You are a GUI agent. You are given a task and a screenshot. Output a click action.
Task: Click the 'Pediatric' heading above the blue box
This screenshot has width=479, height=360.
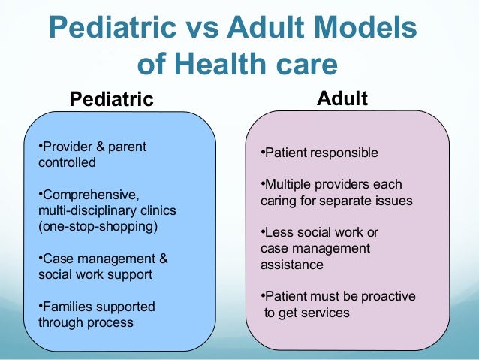[x=111, y=99]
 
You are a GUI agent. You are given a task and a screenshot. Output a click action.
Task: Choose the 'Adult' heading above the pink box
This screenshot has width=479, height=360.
[x=342, y=98]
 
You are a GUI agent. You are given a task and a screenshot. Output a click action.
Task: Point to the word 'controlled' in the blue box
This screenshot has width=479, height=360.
[x=67, y=162]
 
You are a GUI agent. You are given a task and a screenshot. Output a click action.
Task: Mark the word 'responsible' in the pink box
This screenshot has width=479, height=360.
[x=345, y=153]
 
